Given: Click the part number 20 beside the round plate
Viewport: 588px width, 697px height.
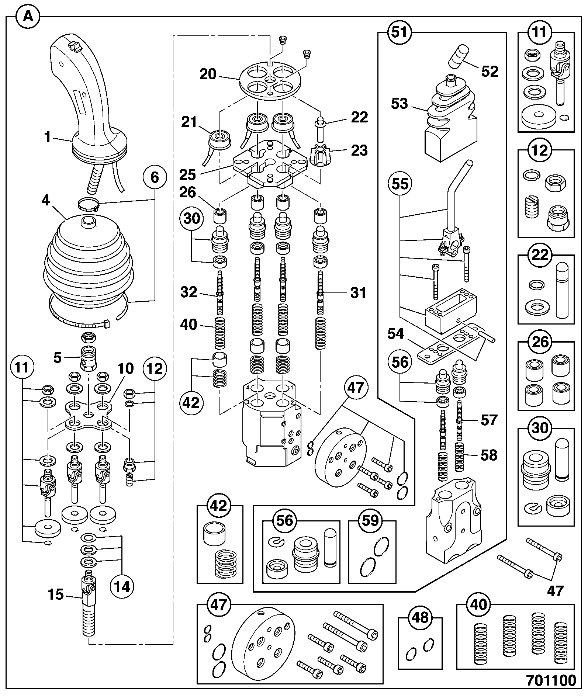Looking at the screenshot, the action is pyautogui.click(x=208, y=74).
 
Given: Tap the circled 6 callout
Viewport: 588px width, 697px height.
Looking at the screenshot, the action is pyautogui.click(x=155, y=177).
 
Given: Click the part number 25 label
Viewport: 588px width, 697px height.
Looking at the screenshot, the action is pyautogui.click(x=187, y=174).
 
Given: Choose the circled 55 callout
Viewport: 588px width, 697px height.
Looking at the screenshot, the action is pyautogui.click(x=401, y=183).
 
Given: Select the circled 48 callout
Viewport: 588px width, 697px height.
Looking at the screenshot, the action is pyautogui.click(x=421, y=617).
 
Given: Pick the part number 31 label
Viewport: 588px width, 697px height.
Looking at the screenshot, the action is pyautogui.click(x=358, y=293).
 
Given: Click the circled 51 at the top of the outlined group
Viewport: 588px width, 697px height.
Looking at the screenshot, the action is pyautogui.click(x=401, y=32).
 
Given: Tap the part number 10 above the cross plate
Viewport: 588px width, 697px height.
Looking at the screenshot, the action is pyautogui.click(x=125, y=369).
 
